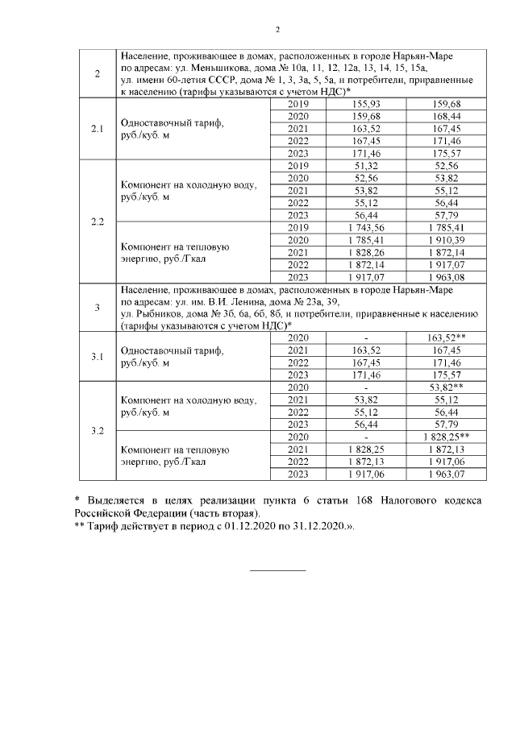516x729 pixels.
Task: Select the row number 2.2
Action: click(x=97, y=222)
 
